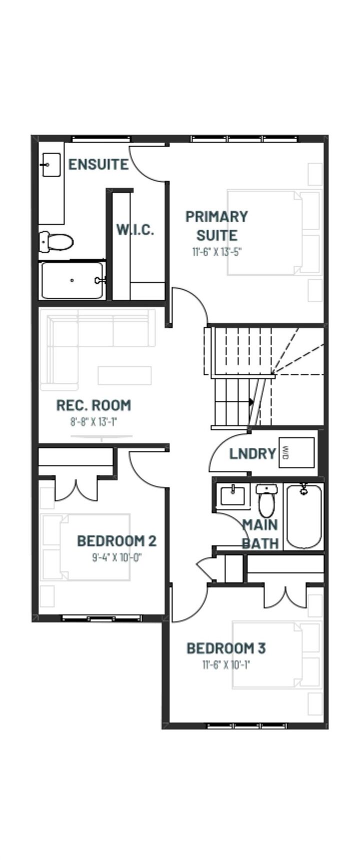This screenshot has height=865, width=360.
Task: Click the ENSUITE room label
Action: click(x=98, y=164)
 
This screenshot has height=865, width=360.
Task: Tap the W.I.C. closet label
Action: click(x=135, y=229)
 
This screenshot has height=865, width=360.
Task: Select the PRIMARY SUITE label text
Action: click(x=216, y=225)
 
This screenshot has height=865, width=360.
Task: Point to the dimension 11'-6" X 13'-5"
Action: click(x=216, y=251)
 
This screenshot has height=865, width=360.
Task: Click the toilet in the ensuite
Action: click(x=56, y=242)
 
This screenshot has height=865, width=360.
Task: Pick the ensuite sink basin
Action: click(x=51, y=165)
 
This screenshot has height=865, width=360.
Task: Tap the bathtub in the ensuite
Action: click(x=72, y=280)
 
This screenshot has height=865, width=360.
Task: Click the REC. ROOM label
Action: click(x=93, y=405)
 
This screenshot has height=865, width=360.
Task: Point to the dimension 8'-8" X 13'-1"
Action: click(x=93, y=421)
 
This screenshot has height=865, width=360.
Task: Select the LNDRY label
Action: click(x=252, y=453)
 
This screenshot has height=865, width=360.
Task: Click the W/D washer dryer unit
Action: click(x=296, y=453)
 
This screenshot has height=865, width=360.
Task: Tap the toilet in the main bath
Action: click(x=266, y=501)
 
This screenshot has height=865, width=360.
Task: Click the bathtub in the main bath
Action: click(x=303, y=516)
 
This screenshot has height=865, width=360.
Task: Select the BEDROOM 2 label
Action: click(x=116, y=540)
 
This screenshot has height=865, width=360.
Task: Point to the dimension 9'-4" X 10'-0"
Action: click(x=116, y=557)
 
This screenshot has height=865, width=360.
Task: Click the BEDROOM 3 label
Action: click(x=226, y=648)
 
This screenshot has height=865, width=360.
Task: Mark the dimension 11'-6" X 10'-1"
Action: click(x=226, y=665)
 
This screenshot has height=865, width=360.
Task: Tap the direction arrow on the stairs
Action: click(x=251, y=401)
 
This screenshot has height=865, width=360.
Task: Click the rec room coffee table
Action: click(x=124, y=375)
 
